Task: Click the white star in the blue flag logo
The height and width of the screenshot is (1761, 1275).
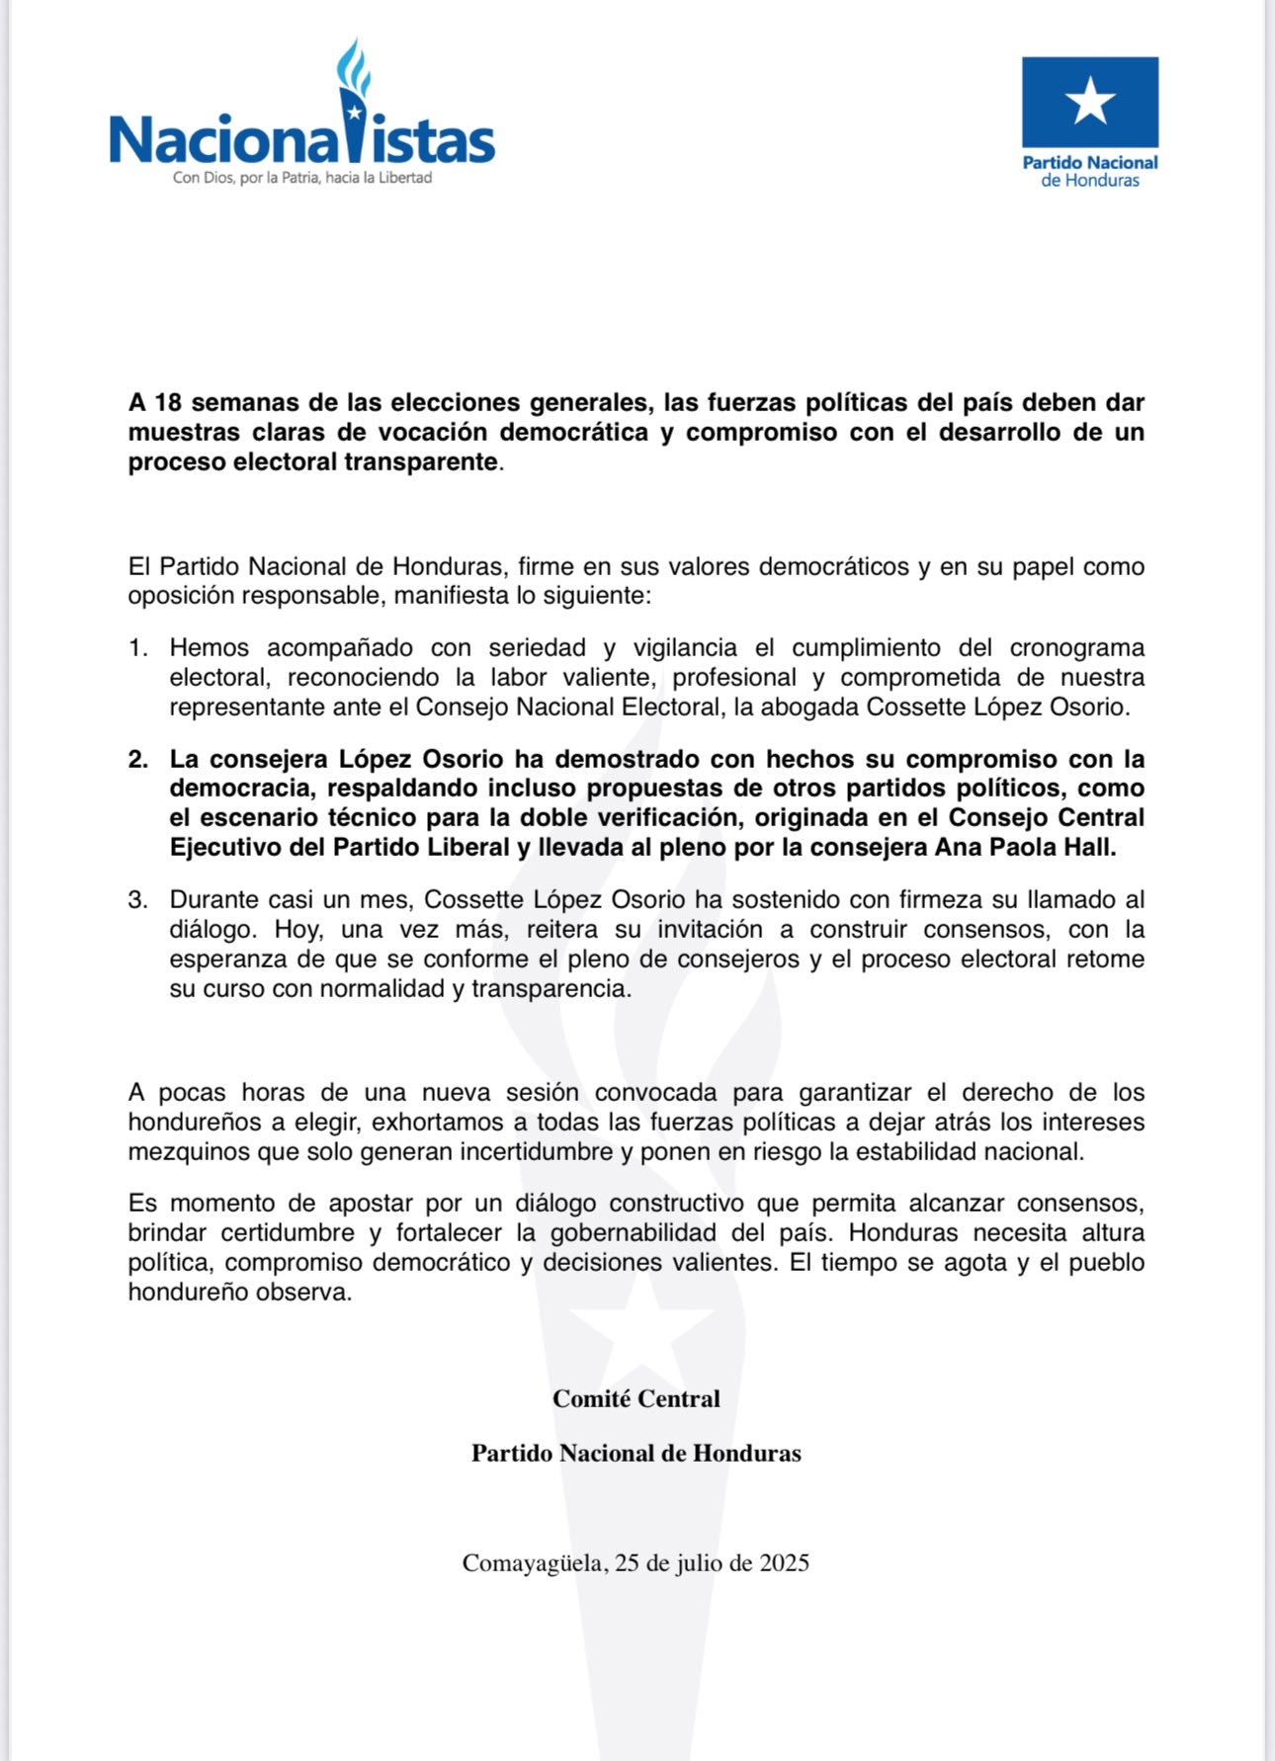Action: click(x=1090, y=100)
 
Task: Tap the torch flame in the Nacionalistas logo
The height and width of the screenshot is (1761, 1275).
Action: click(x=353, y=67)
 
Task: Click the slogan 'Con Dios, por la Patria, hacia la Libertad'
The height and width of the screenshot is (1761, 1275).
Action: click(x=302, y=178)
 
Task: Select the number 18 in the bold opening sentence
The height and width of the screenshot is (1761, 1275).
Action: click(x=168, y=403)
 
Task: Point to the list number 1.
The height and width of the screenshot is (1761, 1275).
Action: click(x=137, y=648)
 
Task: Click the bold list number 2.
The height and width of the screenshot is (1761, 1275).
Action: click(x=137, y=759)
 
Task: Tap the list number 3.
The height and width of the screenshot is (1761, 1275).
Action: click(x=137, y=900)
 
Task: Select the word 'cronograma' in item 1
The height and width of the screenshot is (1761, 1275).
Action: click(x=1076, y=648)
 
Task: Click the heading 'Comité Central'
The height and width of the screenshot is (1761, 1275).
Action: click(x=637, y=1398)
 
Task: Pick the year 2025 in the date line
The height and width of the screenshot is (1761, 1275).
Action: click(x=784, y=1562)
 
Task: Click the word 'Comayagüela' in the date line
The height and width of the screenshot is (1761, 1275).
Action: click(x=534, y=1563)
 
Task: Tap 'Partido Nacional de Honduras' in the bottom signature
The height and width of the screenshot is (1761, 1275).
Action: click(x=637, y=1453)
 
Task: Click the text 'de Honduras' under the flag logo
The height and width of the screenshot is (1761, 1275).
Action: click(x=1090, y=181)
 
